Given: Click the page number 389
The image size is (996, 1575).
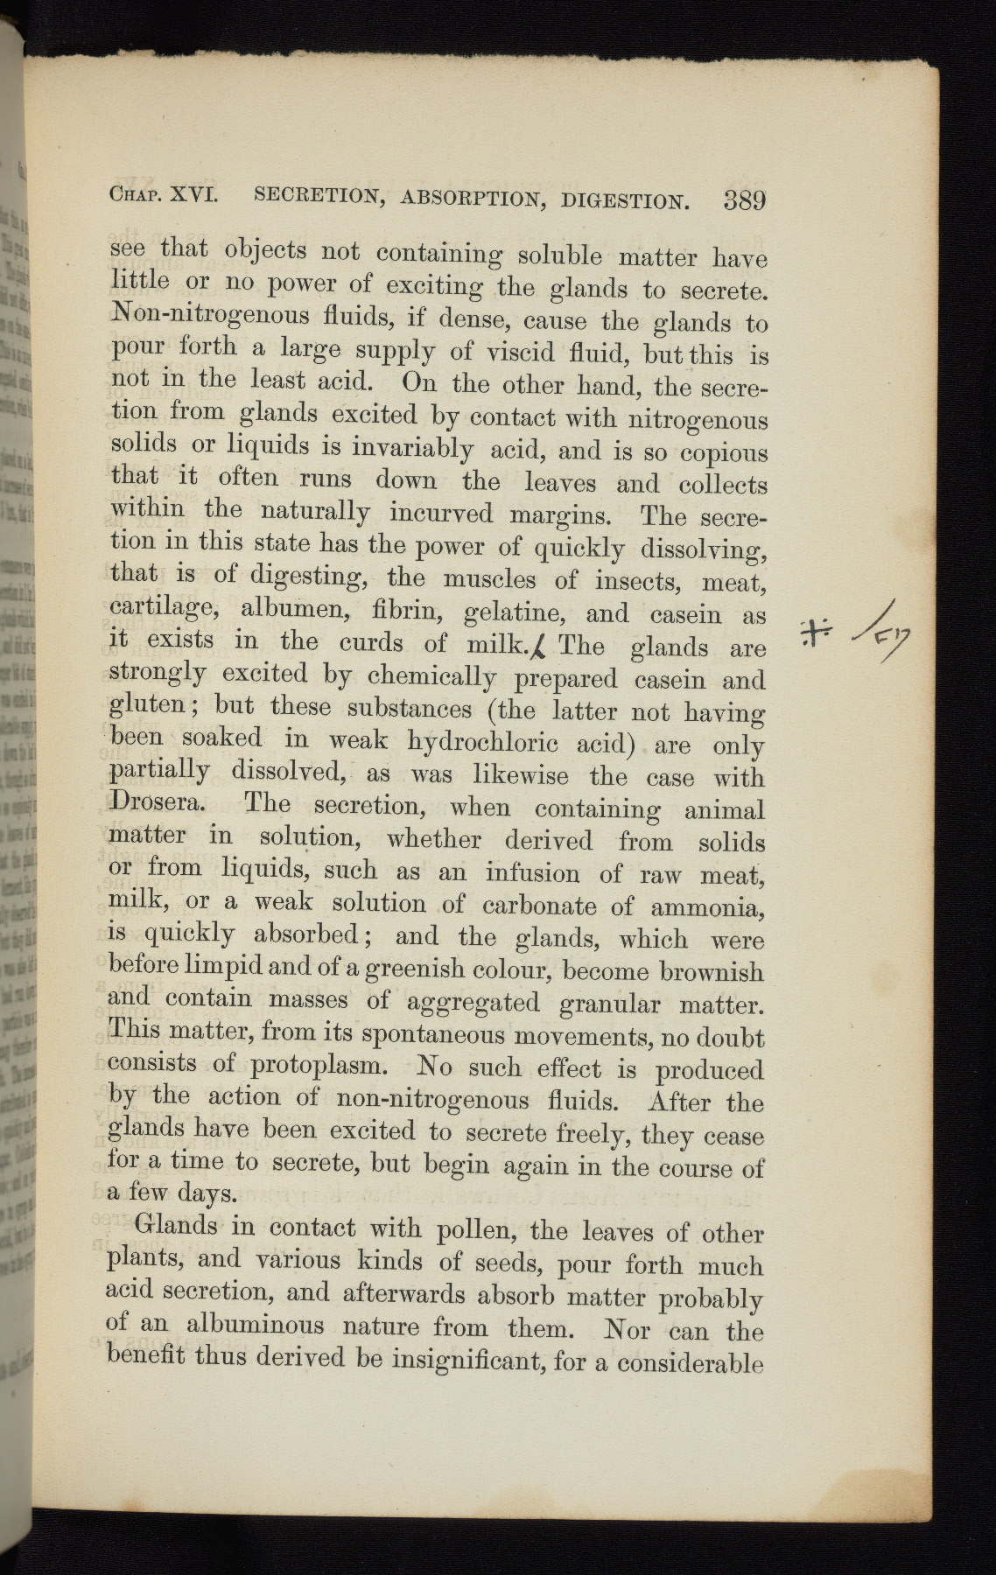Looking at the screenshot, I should pos(745,200).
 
